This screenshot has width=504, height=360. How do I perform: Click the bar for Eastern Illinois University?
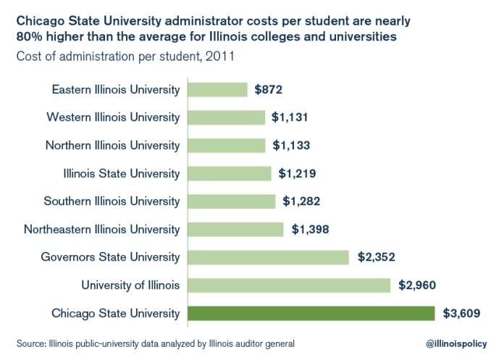(217, 90)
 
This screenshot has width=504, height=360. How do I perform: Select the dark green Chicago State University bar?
(311, 314)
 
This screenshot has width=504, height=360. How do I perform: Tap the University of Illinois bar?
(289, 285)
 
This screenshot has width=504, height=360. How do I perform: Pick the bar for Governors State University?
(269, 257)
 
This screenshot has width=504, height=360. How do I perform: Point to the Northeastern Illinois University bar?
(235, 230)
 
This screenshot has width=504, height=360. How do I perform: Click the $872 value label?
(268, 90)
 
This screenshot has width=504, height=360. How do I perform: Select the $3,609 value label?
(461, 314)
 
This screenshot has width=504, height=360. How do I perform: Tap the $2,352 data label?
(377, 257)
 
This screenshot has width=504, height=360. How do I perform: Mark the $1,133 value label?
(291, 146)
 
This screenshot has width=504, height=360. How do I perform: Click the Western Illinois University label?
(113, 117)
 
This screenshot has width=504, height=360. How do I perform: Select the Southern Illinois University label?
(112, 201)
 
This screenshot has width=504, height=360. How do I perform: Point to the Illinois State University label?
(122, 174)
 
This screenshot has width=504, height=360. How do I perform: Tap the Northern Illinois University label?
(112, 146)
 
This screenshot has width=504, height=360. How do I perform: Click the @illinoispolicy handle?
(455, 342)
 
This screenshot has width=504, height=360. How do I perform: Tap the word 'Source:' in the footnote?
(30, 342)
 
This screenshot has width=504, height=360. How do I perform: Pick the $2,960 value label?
(417, 285)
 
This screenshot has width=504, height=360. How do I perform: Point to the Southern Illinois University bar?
(232, 201)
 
